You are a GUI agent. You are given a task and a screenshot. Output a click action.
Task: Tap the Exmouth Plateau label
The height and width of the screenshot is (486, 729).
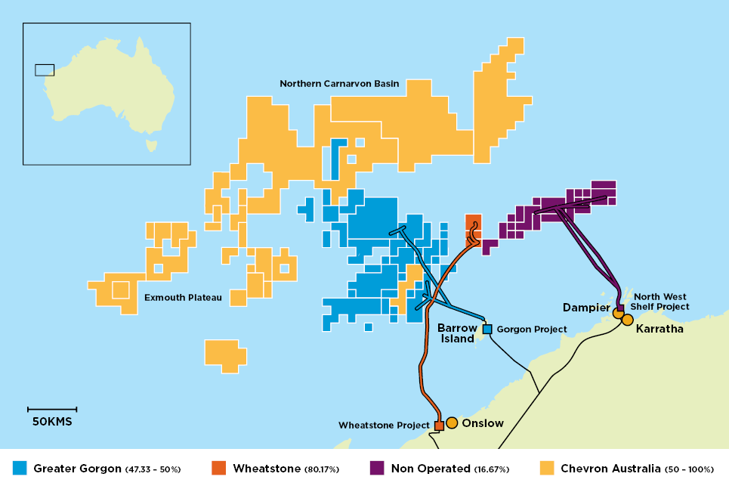(x=183, y=298)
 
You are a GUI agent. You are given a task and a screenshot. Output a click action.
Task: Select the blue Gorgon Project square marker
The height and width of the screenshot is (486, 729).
(x=487, y=330)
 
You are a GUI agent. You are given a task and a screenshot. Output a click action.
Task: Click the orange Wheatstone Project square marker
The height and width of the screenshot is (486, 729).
(x=439, y=426)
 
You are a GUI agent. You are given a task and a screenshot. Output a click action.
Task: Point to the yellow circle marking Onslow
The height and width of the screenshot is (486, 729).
(x=452, y=423)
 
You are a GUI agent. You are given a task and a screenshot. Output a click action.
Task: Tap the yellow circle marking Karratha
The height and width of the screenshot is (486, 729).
(x=627, y=320)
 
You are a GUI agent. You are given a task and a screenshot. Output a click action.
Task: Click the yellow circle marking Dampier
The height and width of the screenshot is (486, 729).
(x=618, y=314)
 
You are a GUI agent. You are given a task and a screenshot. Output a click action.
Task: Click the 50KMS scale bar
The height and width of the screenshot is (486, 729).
(x=52, y=410)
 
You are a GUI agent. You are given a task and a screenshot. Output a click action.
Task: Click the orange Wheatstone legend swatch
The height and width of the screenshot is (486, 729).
(x=219, y=469)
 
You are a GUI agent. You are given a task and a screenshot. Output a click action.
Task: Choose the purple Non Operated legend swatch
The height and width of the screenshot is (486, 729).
(x=376, y=469)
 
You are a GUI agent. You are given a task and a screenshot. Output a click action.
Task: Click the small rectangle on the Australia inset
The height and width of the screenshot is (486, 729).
(x=45, y=70)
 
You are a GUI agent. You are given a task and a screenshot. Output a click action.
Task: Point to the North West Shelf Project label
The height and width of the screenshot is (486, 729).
(x=661, y=302)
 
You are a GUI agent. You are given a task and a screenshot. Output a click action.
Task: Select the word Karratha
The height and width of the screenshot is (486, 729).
(x=659, y=330)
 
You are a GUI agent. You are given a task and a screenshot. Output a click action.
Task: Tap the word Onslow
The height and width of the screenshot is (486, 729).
(x=482, y=423)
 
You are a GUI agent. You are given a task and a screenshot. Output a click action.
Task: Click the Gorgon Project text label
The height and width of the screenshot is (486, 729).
(x=532, y=330)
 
